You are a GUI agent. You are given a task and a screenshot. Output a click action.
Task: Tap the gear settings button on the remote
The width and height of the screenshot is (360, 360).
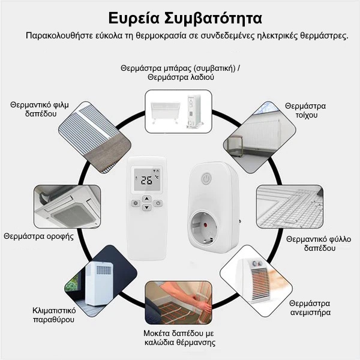pos(136,203)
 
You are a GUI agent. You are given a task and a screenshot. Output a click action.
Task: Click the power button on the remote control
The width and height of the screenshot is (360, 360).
pos(158,203)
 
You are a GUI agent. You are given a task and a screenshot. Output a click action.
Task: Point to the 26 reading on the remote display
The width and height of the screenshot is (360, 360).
pos(145,179)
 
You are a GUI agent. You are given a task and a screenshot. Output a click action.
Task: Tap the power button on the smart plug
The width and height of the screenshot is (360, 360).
pos(205,179)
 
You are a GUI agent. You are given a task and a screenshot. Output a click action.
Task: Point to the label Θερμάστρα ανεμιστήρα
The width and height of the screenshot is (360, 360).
pos(310,308)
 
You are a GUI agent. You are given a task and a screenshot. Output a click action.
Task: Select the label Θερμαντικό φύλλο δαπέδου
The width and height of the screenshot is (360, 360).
pos(314,243)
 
